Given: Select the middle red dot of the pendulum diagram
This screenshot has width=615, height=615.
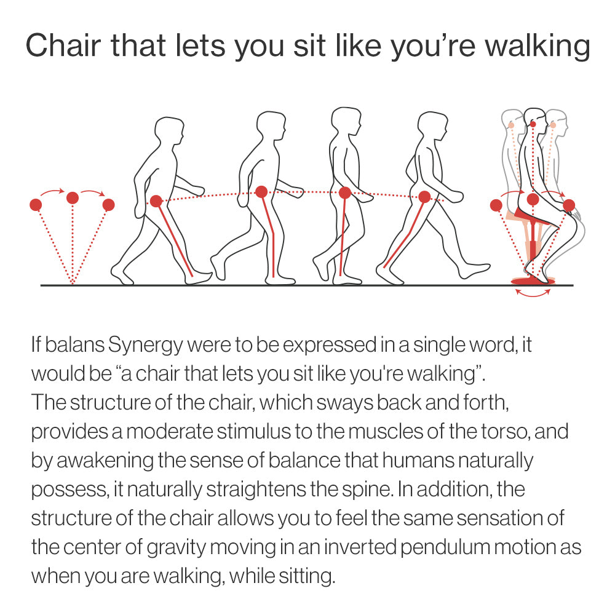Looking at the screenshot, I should (x=73, y=197).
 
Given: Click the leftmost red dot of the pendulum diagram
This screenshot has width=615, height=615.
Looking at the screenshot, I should (x=36, y=204).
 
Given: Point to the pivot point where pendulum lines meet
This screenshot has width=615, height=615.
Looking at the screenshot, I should (x=73, y=283).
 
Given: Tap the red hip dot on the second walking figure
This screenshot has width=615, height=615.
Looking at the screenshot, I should (x=261, y=192).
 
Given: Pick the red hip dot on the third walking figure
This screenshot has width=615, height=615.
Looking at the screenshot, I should (x=345, y=192).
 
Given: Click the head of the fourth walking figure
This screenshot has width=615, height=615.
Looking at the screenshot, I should (x=432, y=128).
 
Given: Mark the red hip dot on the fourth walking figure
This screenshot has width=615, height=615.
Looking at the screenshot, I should (x=424, y=197).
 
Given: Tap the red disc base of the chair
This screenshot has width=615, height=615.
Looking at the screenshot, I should (x=532, y=281).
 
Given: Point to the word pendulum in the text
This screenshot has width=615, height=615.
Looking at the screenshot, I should (x=434, y=547).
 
